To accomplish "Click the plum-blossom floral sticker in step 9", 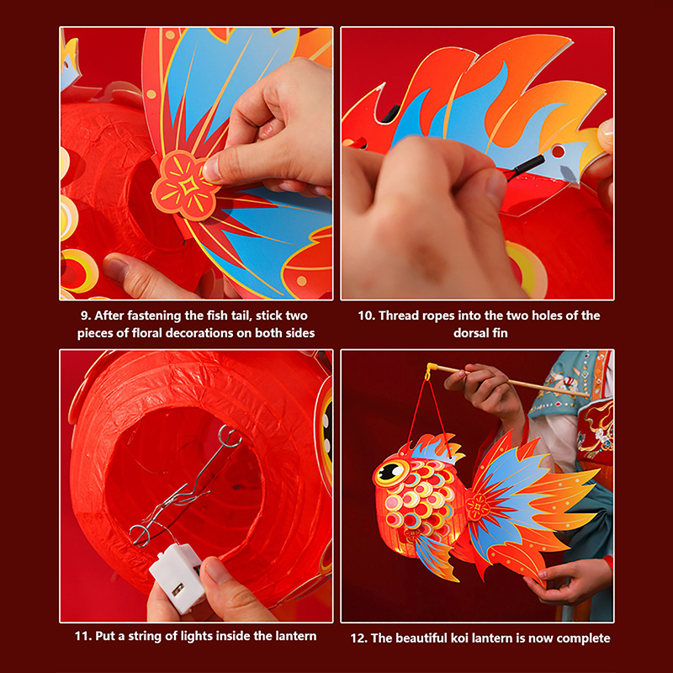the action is [x=185, y=185].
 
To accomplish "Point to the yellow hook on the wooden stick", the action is [x=430, y=370].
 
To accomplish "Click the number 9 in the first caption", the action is [x=84, y=316].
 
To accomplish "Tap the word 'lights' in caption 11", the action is [x=199, y=636].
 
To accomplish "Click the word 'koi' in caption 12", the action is [x=458, y=639].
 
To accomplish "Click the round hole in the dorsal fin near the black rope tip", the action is [x=558, y=151].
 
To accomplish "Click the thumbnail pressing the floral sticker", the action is [x=210, y=169].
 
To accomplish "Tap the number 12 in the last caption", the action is [x=358, y=639].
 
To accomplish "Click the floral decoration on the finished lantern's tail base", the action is [x=478, y=506].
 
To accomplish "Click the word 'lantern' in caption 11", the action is [x=294, y=636].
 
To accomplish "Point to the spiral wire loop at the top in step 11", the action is [x=229, y=437].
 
